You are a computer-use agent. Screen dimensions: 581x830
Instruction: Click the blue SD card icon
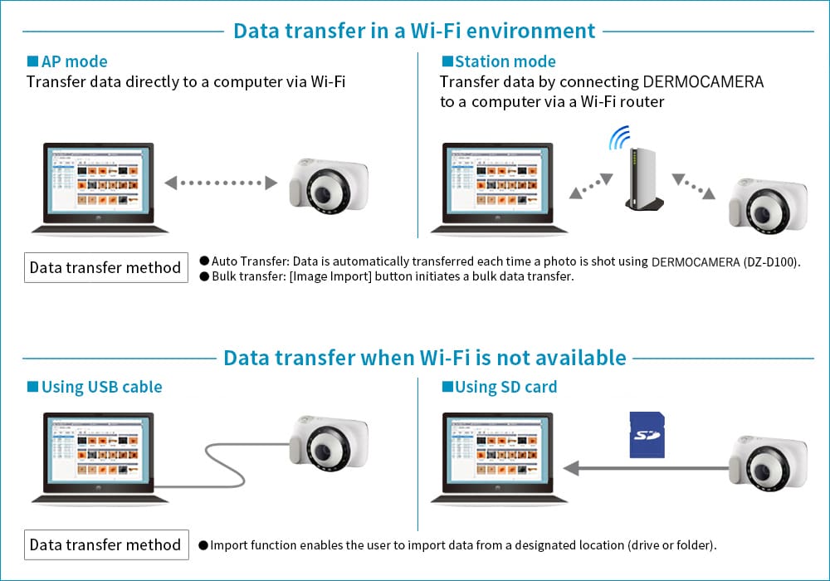coord(647,434)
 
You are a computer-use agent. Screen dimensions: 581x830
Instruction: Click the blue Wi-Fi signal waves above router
coord(620,137)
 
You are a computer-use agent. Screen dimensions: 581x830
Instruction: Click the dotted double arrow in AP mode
coord(221,183)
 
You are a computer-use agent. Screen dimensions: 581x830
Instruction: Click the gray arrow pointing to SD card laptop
coord(647,469)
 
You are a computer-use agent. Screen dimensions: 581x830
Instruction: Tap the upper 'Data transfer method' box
coord(105,268)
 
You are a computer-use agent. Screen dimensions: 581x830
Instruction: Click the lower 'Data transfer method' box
coord(105,545)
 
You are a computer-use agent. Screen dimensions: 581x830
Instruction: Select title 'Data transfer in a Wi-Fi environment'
coord(414,31)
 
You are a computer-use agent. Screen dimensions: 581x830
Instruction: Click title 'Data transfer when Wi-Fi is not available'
coord(424,358)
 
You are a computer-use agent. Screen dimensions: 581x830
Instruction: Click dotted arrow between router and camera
coord(693,187)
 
